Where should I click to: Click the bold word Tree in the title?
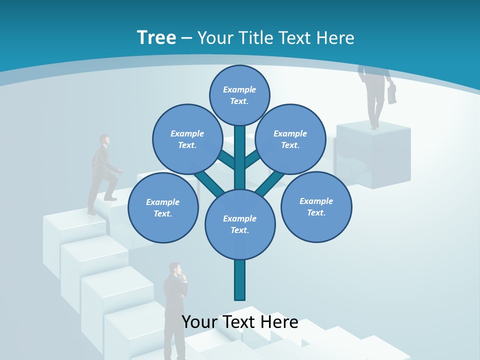(x=156, y=37)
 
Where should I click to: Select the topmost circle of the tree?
(x=239, y=95)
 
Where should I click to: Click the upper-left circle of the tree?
(x=187, y=139)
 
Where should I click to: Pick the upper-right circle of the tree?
(x=290, y=139)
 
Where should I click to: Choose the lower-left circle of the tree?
(x=163, y=207)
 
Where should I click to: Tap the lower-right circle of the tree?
(x=316, y=206)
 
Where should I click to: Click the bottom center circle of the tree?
(x=240, y=224)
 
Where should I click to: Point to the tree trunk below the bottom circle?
(x=240, y=280)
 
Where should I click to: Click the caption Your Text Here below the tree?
(x=240, y=321)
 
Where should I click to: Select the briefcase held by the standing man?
(x=392, y=93)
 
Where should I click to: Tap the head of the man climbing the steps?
(x=103, y=139)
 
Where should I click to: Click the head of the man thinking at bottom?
(x=174, y=269)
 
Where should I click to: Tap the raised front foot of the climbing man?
(x=111, y=198)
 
